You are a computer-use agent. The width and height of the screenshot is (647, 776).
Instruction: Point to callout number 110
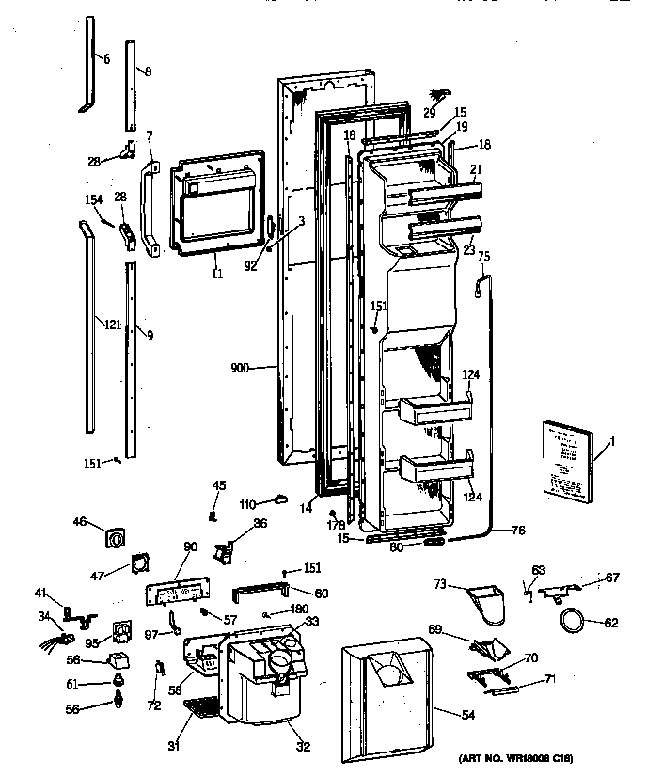tap(248, 503)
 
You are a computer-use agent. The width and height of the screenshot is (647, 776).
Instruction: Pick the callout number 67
tap(612, 578)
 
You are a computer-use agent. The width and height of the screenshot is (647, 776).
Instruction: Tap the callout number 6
tap(106, 58)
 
